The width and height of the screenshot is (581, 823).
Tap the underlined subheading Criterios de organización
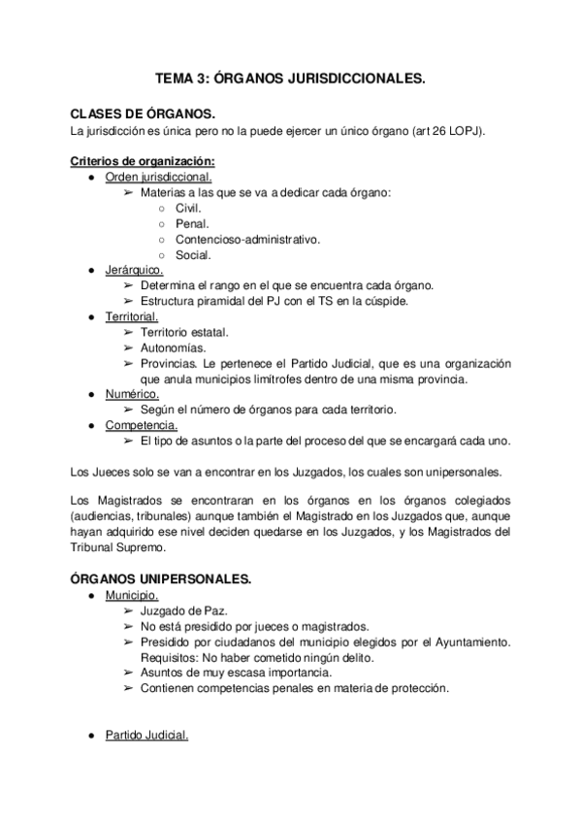tap(144, 161)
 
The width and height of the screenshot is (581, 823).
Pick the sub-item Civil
tap(188, 209)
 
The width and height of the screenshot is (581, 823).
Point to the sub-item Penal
tap(192, 224)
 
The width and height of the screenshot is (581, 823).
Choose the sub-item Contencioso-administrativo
tap(247, 240)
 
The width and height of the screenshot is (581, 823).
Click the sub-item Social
tap(193, 255)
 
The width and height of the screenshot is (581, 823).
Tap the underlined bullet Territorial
tap(132, 317)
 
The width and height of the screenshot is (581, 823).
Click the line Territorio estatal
tap(184, 333)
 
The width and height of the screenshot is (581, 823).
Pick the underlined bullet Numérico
tap(132, 394)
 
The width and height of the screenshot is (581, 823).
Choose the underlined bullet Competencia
tap(141, 425)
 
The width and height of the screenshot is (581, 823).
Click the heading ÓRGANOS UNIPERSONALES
tap(161, 579)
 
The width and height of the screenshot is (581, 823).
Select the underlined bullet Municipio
tap(132, 595)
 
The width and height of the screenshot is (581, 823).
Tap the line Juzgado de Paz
tap(183, 610)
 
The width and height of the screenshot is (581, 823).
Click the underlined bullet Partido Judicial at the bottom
tap(146, 735)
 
